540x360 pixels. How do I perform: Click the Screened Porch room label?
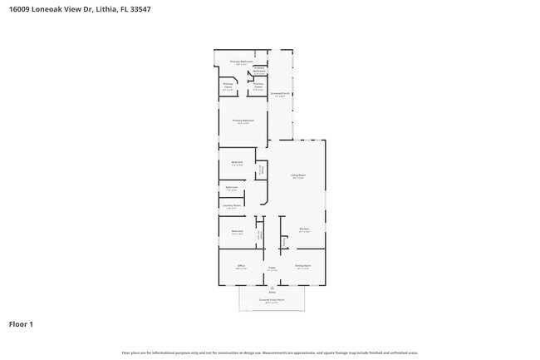click(x=279, y=95)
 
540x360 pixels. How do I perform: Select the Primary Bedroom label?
click(x=243, y=121)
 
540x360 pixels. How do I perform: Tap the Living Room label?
click(x=297, y=175)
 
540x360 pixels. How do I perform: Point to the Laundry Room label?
click(x=232, y=206)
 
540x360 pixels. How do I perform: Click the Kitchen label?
click(x=304, y=230)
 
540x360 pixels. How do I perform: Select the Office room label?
click(x=240, y=266)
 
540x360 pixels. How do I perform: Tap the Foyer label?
click(x=271, y=268)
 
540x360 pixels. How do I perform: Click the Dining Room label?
click(x=302, y=266)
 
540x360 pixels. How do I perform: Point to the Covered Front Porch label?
click(x=271, y=300)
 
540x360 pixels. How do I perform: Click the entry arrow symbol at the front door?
click(x=271, y=287)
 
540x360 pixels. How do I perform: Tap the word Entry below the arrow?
click(x=271, y=293)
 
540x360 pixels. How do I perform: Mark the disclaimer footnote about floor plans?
click(x=270, y=353)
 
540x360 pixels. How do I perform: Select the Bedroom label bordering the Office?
click(x=238, y=232)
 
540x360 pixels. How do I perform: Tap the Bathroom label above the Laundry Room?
click(x=232, y=188)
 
